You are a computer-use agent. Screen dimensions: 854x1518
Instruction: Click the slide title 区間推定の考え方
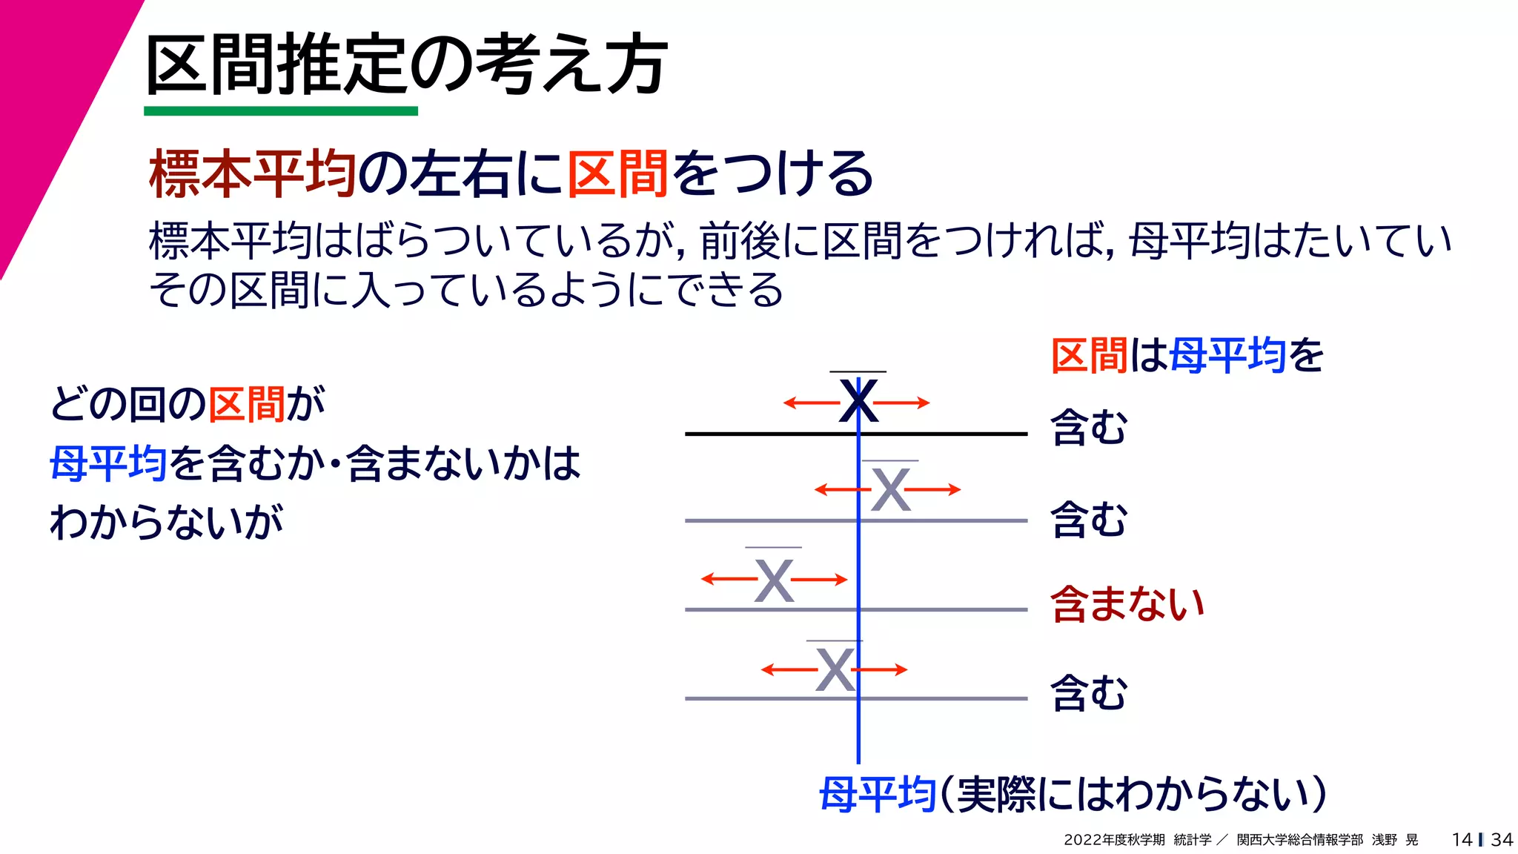coord(406,64)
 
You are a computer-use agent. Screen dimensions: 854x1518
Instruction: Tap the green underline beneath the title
coord(281,111)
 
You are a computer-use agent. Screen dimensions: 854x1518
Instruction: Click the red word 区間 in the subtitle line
coord(618,173)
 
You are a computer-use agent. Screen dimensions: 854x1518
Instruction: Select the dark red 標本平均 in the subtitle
coord(252,173)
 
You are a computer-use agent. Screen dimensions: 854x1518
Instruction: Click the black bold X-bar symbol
coord(858,401)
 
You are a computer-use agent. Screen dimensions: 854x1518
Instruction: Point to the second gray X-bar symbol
coord(890,490)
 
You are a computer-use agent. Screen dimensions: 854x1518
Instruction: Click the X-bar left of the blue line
coord(774,580)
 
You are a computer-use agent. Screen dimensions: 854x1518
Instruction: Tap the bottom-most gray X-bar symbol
coord(835,670)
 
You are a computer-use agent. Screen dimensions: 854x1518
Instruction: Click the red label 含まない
coord(1127,603)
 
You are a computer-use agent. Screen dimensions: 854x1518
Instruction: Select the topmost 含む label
coord(1089,428)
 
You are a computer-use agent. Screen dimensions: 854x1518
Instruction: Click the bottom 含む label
coord(1089,693)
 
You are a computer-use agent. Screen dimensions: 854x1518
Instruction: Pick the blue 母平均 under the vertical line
coord(877,795)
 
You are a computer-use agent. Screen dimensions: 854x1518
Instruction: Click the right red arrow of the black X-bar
coord(903,403)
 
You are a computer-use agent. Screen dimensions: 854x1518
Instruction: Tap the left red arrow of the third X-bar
coord(728,579)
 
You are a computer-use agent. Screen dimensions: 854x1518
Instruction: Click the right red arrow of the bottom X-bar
coord(882,670)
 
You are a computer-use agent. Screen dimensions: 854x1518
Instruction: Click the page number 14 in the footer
coord(1462,839)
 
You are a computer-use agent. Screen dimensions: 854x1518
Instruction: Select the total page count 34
coord(1502,839)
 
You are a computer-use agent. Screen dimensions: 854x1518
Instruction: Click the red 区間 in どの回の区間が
coord(246,405)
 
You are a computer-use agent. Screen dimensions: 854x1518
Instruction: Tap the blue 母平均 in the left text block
coord(108,463)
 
